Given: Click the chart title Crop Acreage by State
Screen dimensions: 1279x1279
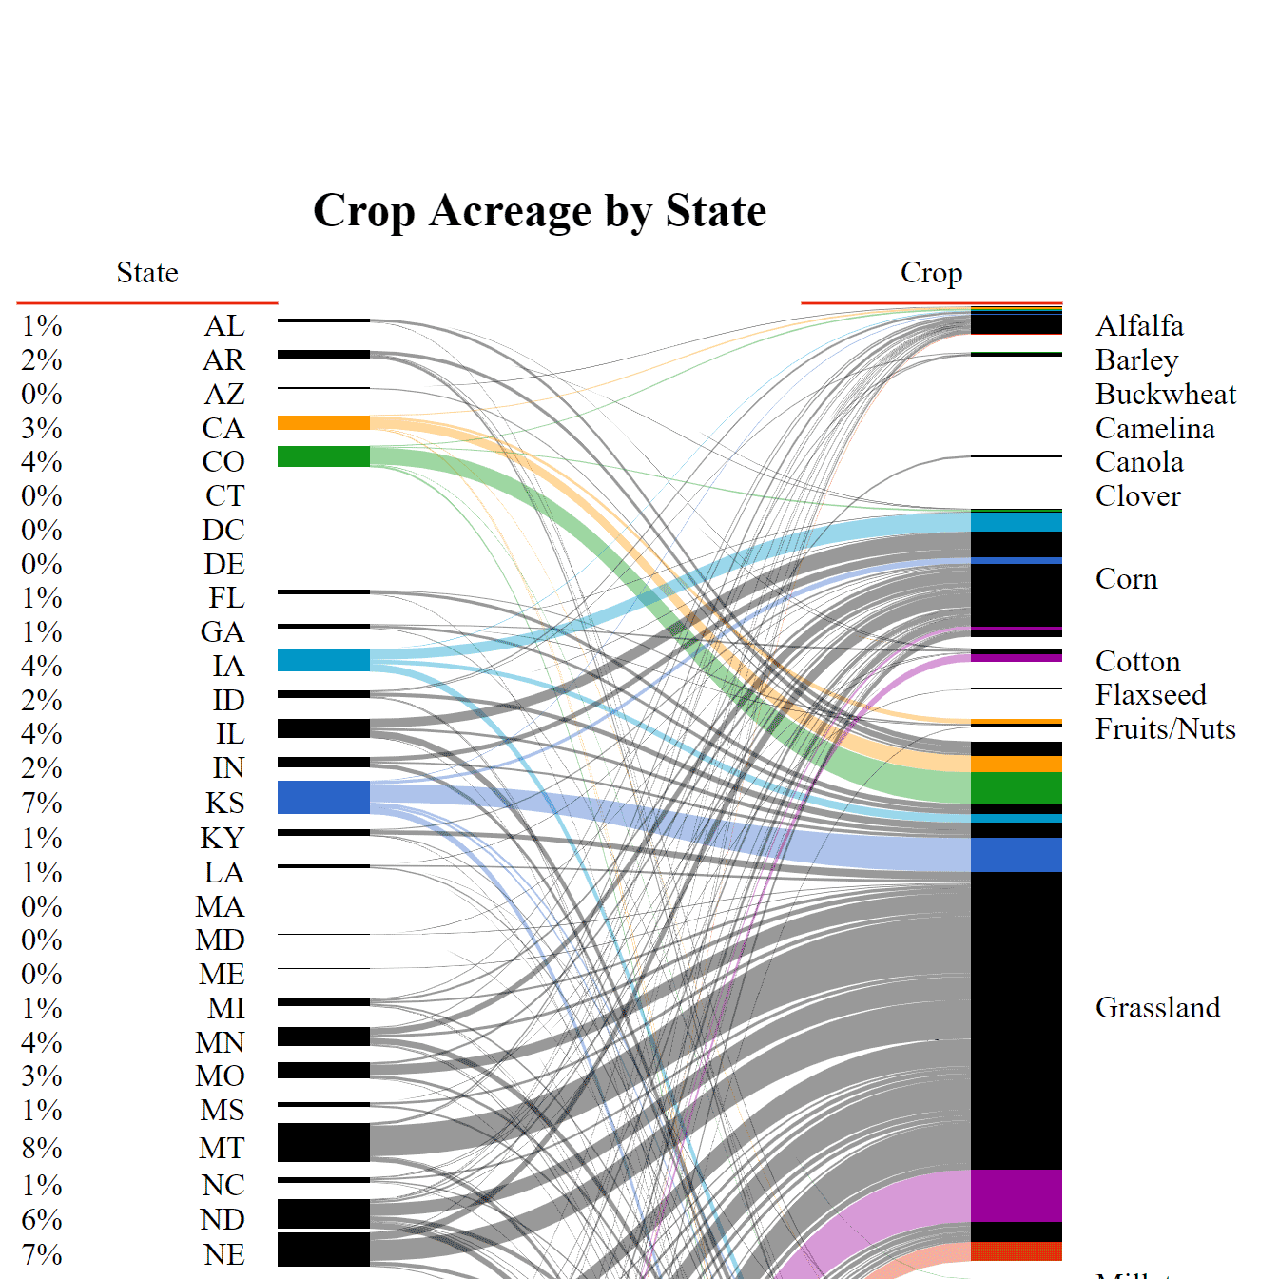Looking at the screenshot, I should pyautogui.click(x=539, y=211).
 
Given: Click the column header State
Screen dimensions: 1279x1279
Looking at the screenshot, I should pyautogui.click(x=147, y=273).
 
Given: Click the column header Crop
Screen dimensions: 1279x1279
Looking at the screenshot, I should pyautogui.click(x=931, y=273).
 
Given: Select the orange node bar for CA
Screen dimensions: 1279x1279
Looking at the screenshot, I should pyautogui.click(x=323, y=423).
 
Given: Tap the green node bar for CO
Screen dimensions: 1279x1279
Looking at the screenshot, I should pyautogui.click(x=323, y=456).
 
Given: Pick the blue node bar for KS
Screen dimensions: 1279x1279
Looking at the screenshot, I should pyautogui.click(x=323, y=798).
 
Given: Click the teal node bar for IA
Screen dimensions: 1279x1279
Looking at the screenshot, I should pyautogui.click(x=323, y=660).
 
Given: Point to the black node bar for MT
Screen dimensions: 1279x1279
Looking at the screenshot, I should pyautogui.click(x=323, y=1142).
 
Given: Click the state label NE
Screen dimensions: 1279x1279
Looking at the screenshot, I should pyautogui.click(x=223, y=1255).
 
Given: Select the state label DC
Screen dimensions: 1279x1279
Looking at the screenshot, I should pyautogui.click(x=223, y=531).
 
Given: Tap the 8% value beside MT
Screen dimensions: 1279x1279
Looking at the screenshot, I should pyautogui.click(x=42, y=1149).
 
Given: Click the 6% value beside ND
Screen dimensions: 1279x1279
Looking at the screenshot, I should pyautogui.click(x=42, y=1220).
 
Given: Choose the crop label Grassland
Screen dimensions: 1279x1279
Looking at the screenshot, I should pyautogui.click(x=1157, y=1008).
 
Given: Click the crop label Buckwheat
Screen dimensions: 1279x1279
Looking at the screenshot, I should pyautogui.click(x=1166, y=395).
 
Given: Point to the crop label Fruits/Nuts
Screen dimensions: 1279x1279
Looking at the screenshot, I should pyautogui.click(x=1165, y=729).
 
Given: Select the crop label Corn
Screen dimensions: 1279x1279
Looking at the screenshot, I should pyautogui.click(x=1126, y=579).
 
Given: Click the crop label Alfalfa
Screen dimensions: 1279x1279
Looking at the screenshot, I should pyautogui.click(x=1139, y=326).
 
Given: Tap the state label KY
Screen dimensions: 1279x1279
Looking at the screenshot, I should pyautogui.click(x=223, y=839).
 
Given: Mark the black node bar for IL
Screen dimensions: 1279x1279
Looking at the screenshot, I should pyautogui.click(x=323, y=728).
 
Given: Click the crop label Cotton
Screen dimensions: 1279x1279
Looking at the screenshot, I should pyautogui.click(x=1137, y=662).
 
